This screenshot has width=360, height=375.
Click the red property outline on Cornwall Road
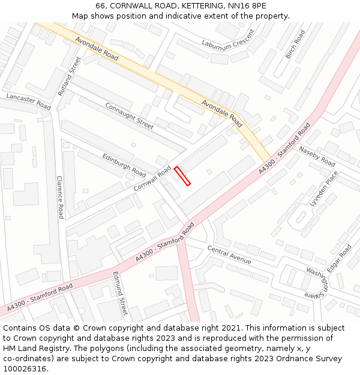pos(182,176)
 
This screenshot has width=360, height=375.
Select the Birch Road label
pos(295,44)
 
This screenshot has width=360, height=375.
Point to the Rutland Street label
pos(69,76)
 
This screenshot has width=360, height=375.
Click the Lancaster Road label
pos(28,100)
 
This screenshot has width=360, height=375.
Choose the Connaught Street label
pos(129,115)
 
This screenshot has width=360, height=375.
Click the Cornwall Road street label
pos(152,179)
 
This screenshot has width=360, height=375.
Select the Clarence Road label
pos(60,197)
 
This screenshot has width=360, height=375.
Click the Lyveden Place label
pos(324,188)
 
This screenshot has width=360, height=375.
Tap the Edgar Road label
pos(341,257)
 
